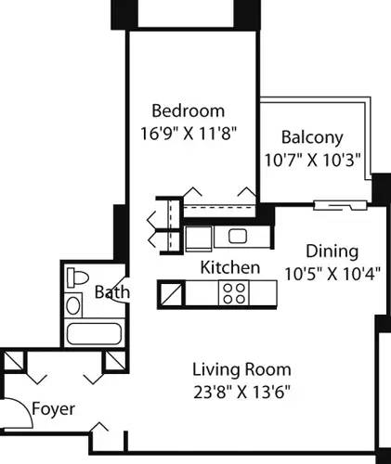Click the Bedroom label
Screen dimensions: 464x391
[x=189, y=110]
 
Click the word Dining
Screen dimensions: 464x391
[x=332, y=251]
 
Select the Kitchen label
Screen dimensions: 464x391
[x=230, y=268]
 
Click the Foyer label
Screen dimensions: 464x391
[x=54, y=409]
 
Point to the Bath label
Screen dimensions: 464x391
[x=112, y=292]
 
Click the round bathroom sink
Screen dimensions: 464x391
[x=74, y=304]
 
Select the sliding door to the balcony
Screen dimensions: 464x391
[x=336, y=204]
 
